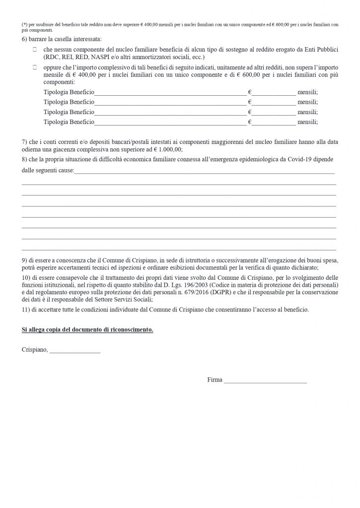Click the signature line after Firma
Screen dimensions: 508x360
click(265, 382)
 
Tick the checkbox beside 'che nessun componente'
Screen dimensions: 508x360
click(35, 51)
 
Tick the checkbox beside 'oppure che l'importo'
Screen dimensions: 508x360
click(35, 65)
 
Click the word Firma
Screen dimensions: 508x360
click(215, 381)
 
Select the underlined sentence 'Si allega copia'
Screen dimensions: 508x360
click(87, 330)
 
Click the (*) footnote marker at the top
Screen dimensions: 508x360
click(24, 24)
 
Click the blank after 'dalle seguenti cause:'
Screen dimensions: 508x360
click(204, 171)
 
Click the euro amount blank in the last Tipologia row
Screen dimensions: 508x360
click(273, 122)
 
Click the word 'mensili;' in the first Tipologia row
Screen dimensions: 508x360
click(307, 92)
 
